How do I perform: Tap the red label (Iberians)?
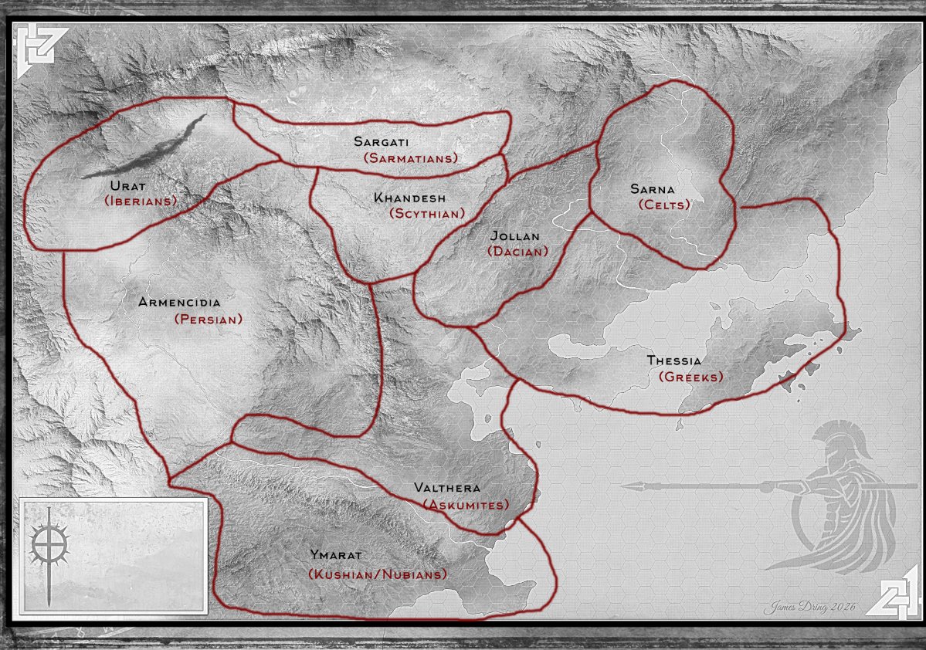pos(140,201)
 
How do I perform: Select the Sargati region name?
pos(381,142)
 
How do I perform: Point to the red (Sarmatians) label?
pos(411,157)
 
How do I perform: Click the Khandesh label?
pos(409,198)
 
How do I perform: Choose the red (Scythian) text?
pos(427,213)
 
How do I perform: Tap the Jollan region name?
pos(514,236)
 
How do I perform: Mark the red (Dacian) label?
pos(517,251)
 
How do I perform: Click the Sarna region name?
pos(653,190)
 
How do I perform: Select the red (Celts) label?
pos(664,205)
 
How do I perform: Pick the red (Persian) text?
pos(208,319)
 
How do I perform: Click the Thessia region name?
pos(673,361)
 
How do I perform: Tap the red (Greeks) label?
pos(690,377)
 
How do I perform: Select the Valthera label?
pos(446,489)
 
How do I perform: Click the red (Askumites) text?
pos(466,505)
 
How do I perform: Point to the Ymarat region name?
pos(335,556)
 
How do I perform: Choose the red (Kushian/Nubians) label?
pos(377,575)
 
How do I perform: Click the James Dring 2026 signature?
pos(809,608)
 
